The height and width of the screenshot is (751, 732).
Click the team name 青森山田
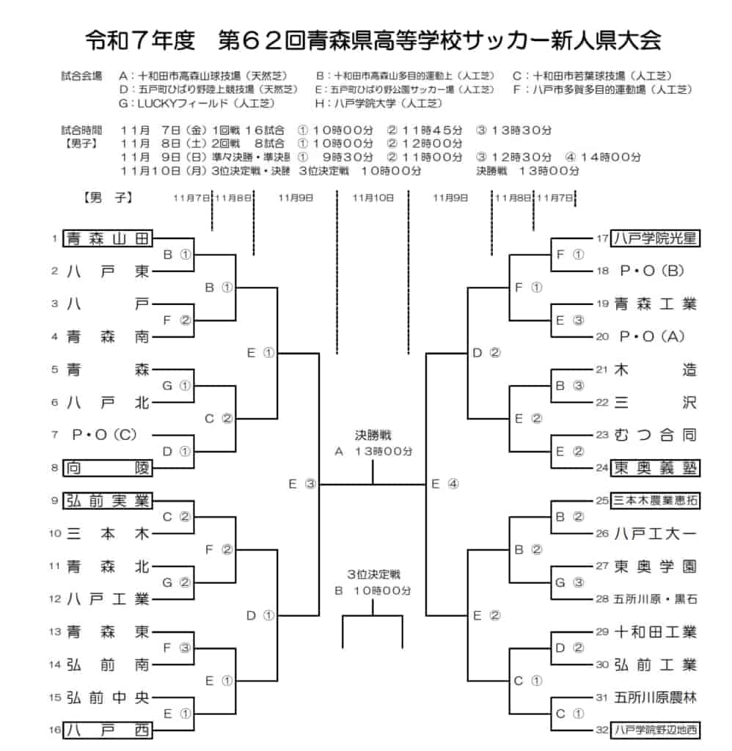[107, 238]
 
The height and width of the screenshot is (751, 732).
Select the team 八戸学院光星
[655, 238]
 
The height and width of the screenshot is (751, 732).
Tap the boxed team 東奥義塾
[655, 467]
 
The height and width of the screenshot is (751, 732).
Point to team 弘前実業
[107, 500]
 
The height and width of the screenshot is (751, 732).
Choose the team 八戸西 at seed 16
[107, 730]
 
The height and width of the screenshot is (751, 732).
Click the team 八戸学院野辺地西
[655, 730]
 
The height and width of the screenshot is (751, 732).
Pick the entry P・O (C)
[104, 435]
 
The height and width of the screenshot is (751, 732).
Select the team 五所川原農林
[655, 697]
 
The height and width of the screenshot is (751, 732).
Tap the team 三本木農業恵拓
[655, 500]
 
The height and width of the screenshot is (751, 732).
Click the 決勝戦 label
[373, 435]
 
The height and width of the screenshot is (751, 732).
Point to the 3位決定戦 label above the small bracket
[373, 574]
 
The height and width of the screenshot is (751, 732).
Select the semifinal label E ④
[445, 484]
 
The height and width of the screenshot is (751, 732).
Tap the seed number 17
[602, 238]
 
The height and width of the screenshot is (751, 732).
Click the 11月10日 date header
[373, 198]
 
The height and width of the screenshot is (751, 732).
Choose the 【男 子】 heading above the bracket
[109, 197]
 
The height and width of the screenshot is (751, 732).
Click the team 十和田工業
[655, 631]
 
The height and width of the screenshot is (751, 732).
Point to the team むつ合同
[655, 435]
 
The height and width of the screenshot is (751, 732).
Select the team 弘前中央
[108, 697]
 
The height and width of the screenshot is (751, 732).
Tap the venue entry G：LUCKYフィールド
[197, 103]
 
